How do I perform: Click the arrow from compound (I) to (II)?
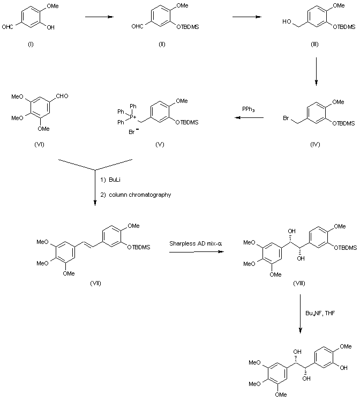(99, 17)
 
